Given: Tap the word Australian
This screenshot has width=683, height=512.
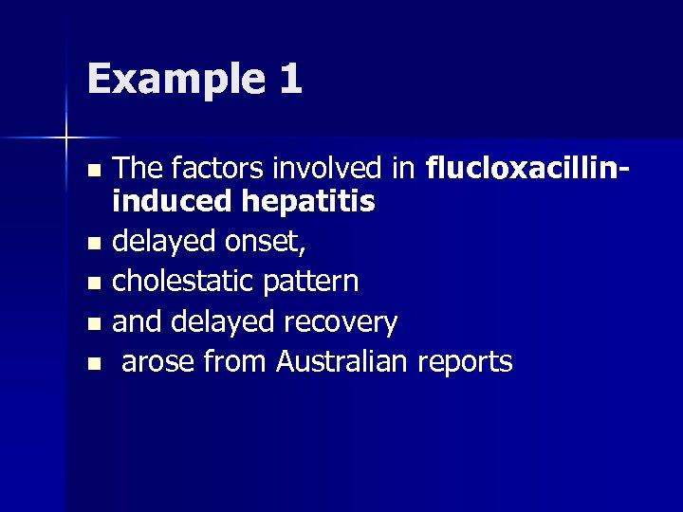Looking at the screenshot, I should [x=347, y=361].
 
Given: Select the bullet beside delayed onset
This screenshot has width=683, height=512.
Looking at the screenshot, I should [x=92, y=245].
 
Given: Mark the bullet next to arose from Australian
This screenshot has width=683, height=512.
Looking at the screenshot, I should [x=92, y=363].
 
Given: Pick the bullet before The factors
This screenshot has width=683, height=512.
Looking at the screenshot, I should [x=92, y=172].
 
